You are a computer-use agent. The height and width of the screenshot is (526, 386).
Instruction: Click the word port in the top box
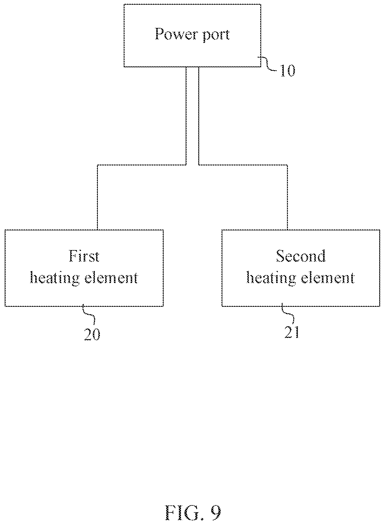tap(215, 35)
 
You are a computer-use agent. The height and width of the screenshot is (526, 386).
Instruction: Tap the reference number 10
tap(287, 71)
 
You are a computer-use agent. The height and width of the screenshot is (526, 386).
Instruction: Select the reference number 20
tap(92, 334)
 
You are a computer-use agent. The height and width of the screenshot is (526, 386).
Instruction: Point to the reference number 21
tap(292, 333)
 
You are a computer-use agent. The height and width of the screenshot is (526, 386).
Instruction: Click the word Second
tap(301, 256)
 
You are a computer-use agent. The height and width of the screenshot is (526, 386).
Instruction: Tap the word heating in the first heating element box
tap(55, 278)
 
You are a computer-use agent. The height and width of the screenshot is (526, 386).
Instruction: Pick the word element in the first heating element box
tap(111, 278)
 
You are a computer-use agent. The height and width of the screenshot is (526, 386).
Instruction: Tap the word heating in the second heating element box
tap(271, 278)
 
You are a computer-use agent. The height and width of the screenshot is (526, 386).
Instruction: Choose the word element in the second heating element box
tap(328, 278)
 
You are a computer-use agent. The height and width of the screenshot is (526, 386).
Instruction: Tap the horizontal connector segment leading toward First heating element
tap(142, 165)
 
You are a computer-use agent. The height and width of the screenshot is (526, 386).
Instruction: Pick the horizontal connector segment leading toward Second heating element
tap(243, 165)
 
